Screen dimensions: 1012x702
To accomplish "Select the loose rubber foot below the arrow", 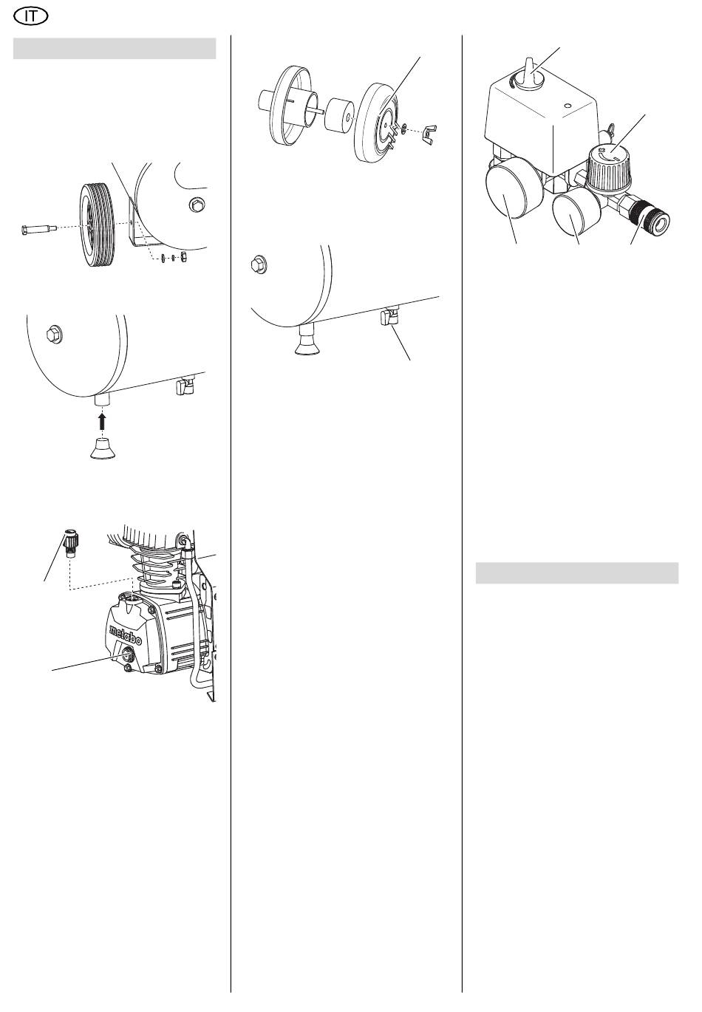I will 103,447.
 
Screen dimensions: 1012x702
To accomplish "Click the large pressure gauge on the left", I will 511,191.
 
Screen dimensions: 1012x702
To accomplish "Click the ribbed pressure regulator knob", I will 610,164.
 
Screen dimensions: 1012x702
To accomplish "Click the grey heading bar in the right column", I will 576,573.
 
